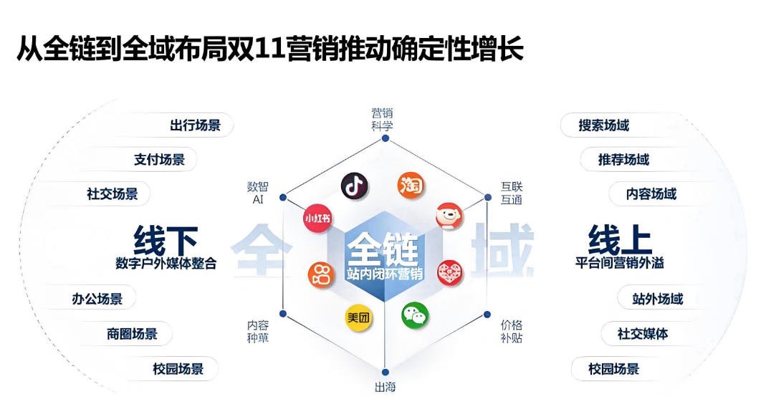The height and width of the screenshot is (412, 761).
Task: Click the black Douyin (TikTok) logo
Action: [354, 186]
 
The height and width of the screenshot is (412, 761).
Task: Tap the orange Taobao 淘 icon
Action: [411, 186]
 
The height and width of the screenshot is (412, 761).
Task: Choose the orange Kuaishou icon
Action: [321, 274]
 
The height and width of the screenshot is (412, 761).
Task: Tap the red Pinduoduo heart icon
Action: [450, 273]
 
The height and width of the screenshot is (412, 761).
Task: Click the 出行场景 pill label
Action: [195, 125]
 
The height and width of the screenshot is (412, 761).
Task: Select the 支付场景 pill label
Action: [159, 160]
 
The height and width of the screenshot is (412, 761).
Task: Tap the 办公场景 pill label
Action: [97, 299]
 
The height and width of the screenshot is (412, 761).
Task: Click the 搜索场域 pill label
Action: [603, 125]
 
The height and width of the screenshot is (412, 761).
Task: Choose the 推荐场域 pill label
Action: [623, 160]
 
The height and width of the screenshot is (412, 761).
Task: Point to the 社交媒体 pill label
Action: [643, 334]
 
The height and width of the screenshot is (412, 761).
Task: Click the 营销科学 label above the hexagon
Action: [382, 119]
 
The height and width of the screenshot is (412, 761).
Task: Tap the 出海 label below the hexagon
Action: [385, 388]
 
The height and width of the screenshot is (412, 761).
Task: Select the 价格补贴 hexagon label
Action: [512, 331]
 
